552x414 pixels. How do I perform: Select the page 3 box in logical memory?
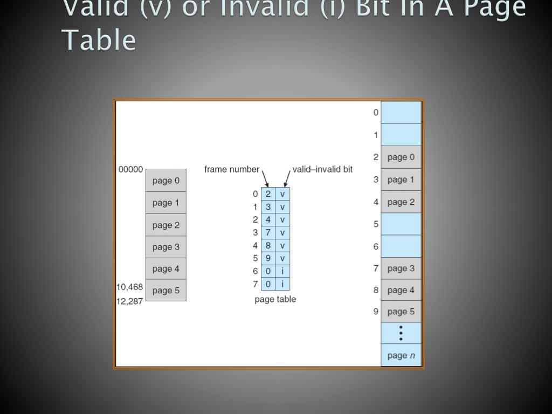[x=165, y=247]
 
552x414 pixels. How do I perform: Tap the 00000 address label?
[x=130, y=169]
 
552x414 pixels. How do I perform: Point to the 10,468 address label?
[x=130, y=287]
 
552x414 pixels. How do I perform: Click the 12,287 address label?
[x=130, y=301]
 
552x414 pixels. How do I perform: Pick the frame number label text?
[x=232, y=169]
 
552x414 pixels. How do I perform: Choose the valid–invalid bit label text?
[x=322, y=169]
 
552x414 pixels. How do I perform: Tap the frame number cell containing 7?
[x=268, y=233]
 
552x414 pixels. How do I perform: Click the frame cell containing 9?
[x=268, y=258]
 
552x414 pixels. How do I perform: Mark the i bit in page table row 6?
[x=282, y=271]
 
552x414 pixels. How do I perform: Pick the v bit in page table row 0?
[x=282, y=194]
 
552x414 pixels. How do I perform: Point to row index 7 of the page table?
[x=256, y=284]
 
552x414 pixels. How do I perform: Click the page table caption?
[x=275, y=299]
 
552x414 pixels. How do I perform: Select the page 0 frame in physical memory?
[x=401, y=157]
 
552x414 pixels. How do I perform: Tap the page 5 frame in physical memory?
[x=401, y=312]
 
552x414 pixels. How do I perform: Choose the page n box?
[x=401, y=355]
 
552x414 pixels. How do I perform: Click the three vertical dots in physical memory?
[x=401, y=333]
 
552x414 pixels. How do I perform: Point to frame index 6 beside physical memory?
[x=376, y=246]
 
